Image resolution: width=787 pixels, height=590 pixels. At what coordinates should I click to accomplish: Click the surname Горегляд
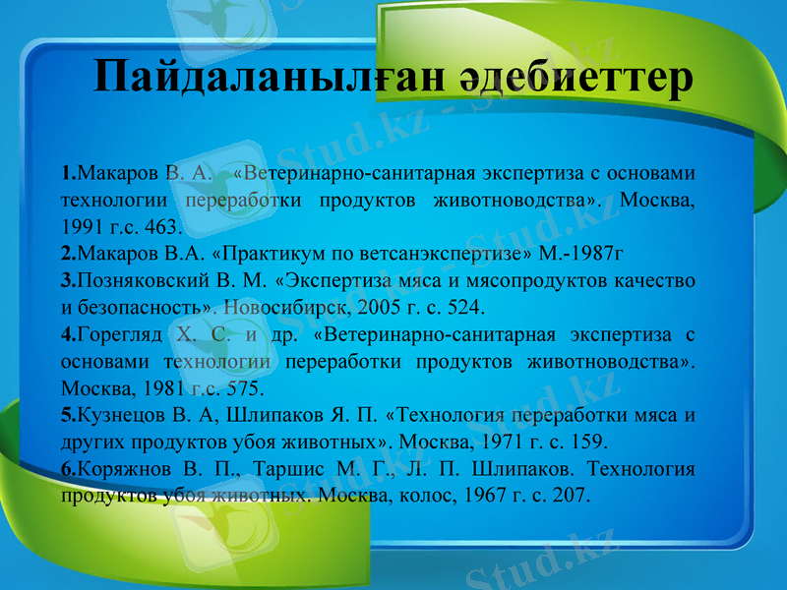119,333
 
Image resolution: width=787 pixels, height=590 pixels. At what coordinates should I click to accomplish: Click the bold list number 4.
65,333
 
